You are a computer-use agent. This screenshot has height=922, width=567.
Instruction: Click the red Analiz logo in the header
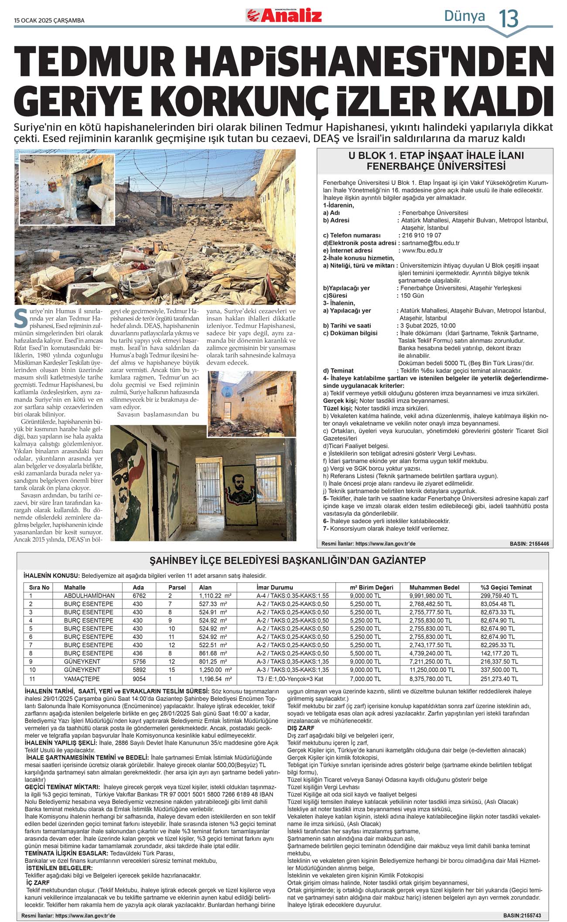pos(284,16)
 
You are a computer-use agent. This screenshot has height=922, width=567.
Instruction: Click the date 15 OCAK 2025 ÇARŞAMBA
pos(49,20)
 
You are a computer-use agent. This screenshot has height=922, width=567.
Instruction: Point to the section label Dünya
pos(465,16)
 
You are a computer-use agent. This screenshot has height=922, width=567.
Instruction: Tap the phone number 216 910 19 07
pos(421,235)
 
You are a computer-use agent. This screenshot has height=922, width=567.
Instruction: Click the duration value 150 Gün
pos(412,295)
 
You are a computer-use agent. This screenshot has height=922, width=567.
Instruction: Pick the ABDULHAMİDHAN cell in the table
pos(89,596)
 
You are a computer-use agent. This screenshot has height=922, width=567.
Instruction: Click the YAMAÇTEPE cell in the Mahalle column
pos(82,679)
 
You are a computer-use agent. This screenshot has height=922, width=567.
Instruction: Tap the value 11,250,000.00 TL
pos(432,670)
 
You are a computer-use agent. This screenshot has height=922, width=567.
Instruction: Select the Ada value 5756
pos(140,662)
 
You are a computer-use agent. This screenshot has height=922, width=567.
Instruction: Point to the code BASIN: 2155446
pos(529,544)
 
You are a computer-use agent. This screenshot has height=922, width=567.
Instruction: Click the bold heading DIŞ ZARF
pos(301,728)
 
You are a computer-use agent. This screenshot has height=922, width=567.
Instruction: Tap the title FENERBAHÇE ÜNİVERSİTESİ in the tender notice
pos(436,167)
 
